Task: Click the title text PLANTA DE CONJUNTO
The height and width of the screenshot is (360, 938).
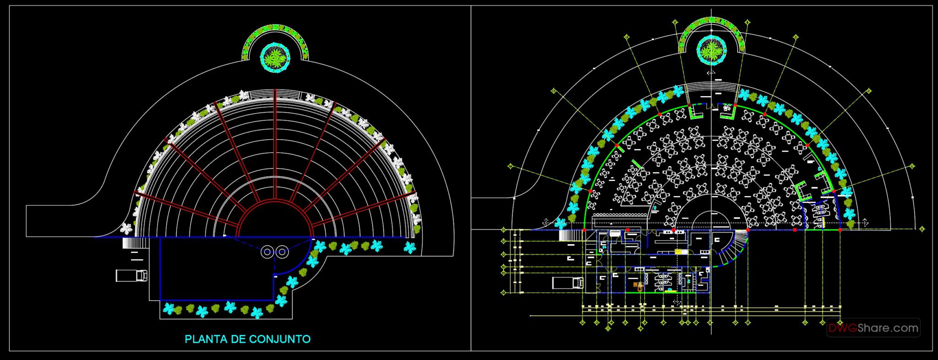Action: (247, 339)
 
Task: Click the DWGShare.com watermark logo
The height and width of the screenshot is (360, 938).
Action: (873, 328)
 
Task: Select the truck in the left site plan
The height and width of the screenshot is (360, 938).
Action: (131, 275)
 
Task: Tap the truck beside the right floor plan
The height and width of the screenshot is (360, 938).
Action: (568, 283)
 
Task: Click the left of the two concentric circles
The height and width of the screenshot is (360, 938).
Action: (267, 251)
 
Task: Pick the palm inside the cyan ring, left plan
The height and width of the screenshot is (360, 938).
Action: (275, 57)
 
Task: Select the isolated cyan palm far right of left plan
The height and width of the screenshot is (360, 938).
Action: (409, 248)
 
